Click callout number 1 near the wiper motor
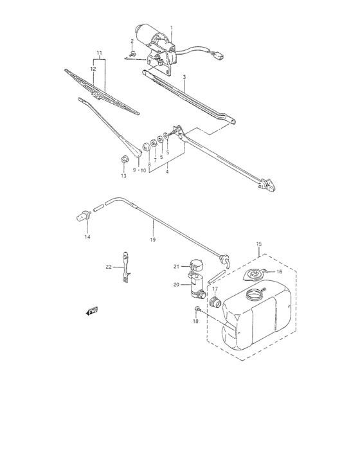point(172,28)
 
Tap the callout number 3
point(184,76)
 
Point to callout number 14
point(87,237)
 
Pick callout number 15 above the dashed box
point(259,244)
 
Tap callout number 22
point(109,267)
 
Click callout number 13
point(124,175)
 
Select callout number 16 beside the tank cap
point(279,272)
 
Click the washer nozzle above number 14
point(82,217)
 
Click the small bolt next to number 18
point(197,310)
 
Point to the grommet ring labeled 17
point(215,303)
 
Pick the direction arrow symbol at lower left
point(91,312)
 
